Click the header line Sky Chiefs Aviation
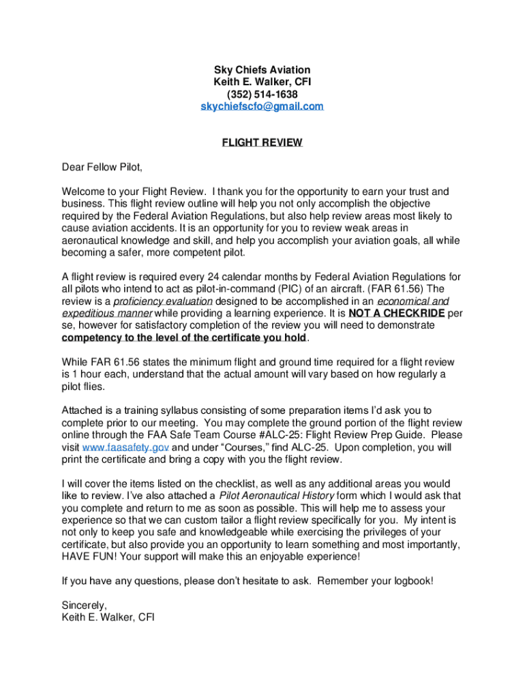262,70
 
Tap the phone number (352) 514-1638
262,94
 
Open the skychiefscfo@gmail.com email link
262,106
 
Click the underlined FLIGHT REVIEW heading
262,142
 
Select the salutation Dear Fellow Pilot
102,167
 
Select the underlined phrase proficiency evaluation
163,301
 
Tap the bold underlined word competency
93,338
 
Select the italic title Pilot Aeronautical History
276,496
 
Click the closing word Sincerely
84,605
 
